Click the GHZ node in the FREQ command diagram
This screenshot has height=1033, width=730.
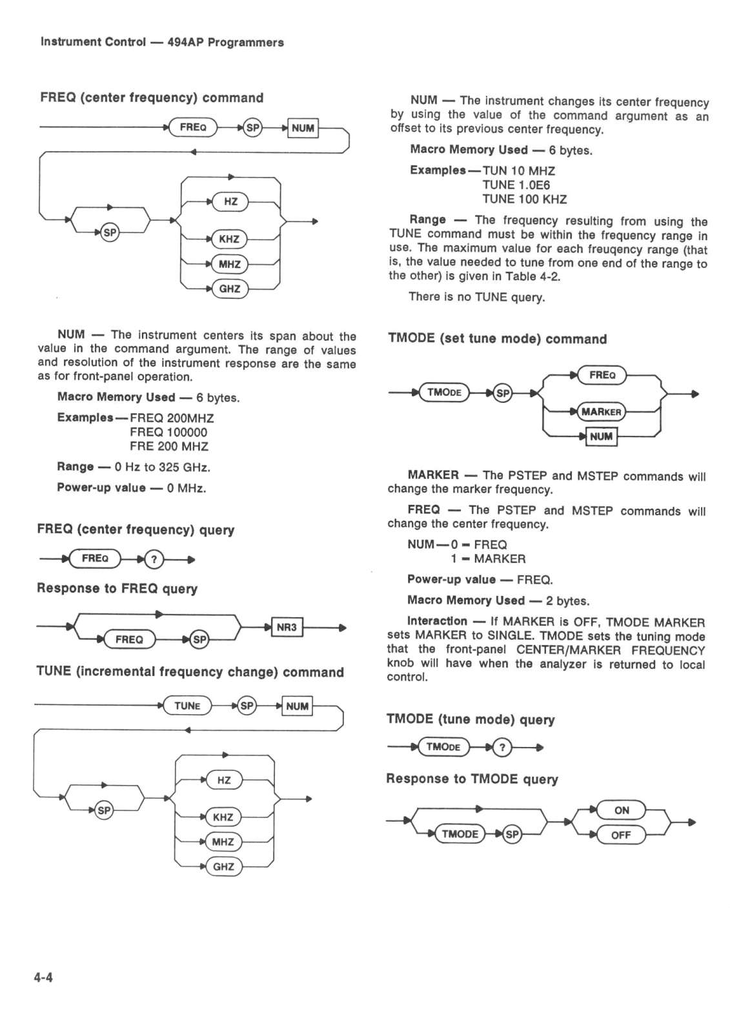[x=230, y=289]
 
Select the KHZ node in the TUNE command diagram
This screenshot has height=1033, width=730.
[x=223, y=817]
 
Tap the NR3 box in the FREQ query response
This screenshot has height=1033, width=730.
[x=287, y=627]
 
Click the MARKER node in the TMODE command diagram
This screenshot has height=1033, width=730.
[x=602, y=412]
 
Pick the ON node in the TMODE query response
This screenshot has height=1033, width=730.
[x=621, y=810]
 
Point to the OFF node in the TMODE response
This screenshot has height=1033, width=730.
[x=621, y=835]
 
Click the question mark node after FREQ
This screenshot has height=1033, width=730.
[x=154, y=560]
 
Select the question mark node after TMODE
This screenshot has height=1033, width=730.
[x=502, y=747]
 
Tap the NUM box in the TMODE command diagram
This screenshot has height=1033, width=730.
[x=602, y=436]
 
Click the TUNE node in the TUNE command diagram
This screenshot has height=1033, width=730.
[x=187, y=706]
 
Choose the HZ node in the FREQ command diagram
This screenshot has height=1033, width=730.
[x=230, y=201]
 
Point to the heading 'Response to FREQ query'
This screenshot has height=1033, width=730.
[x=117, y=588]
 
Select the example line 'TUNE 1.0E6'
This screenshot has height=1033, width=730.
[x=516, y=185]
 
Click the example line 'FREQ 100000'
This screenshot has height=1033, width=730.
[x=168, y=432]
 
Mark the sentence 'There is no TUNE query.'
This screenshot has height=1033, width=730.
[x=477, y=297]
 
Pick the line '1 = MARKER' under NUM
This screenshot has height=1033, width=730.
[x=488, y=559]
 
